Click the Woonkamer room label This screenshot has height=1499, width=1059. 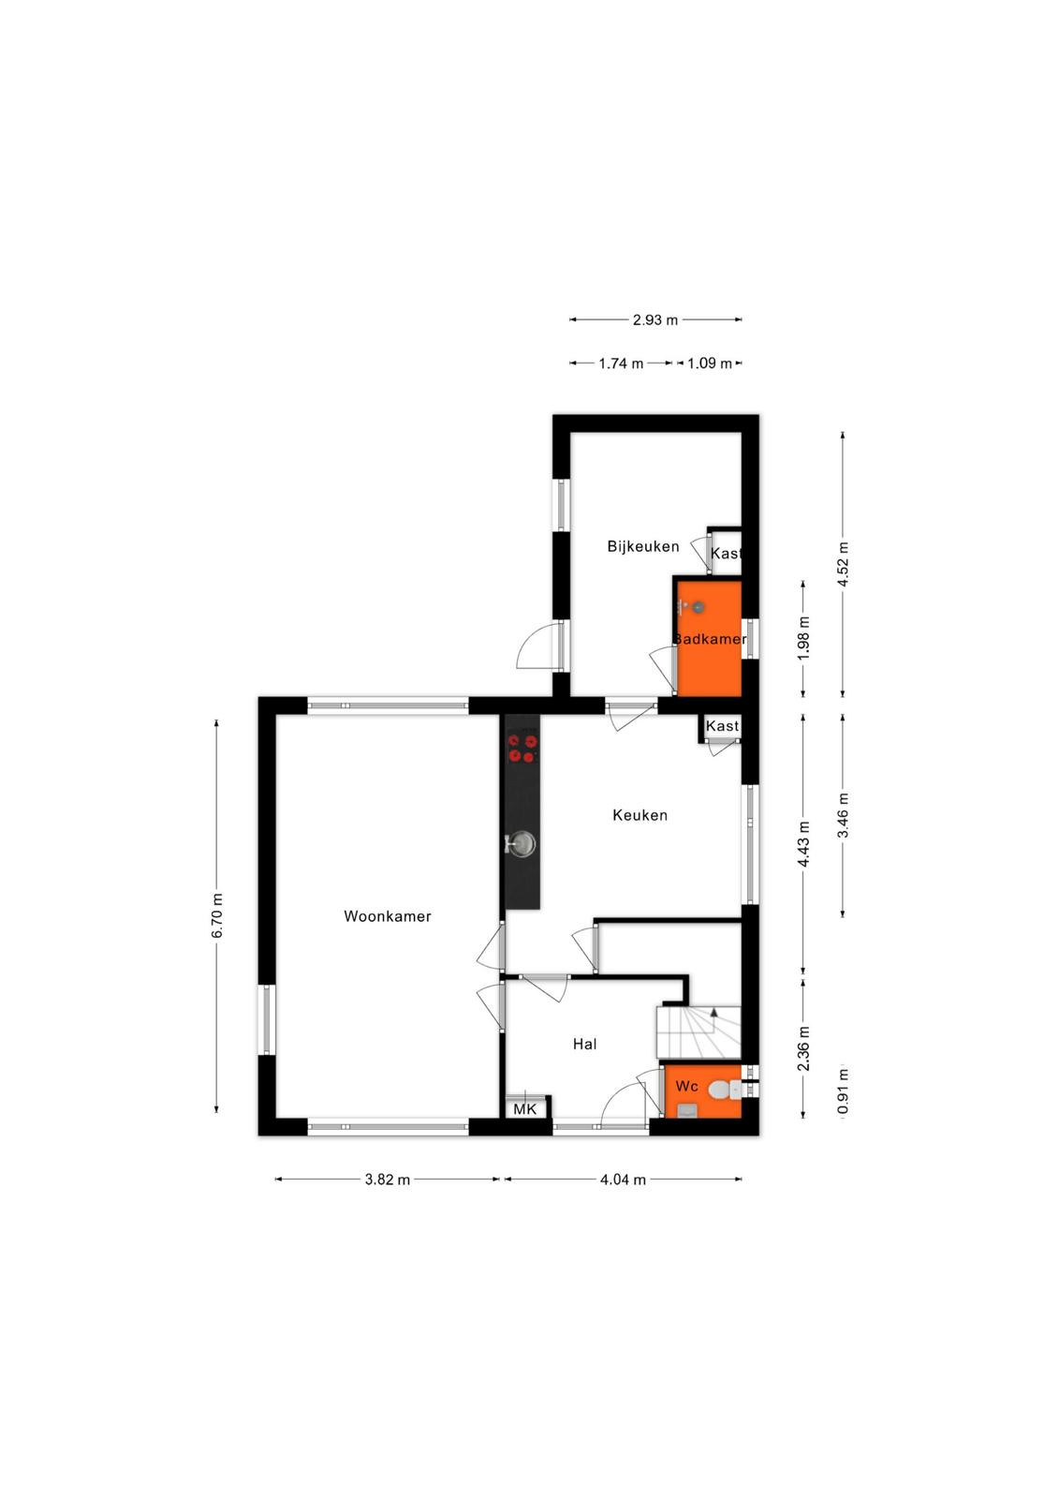point(388,916)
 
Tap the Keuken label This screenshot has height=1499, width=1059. point(640,815)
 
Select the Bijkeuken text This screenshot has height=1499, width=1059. point(643,546)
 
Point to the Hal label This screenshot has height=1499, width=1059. point(584,1044)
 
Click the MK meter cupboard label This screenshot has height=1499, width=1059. point(525,1109)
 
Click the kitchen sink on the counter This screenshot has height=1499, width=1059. point(521,844)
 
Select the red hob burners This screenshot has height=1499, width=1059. point(522,749)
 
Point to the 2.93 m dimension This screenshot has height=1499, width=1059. point(655,319)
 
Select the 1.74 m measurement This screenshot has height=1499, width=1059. point(621,364)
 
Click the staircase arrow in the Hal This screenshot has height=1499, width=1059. point(713,1012)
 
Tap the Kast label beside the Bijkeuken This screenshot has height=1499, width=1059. point(725,554)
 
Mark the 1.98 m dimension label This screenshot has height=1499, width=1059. point(803,638)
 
